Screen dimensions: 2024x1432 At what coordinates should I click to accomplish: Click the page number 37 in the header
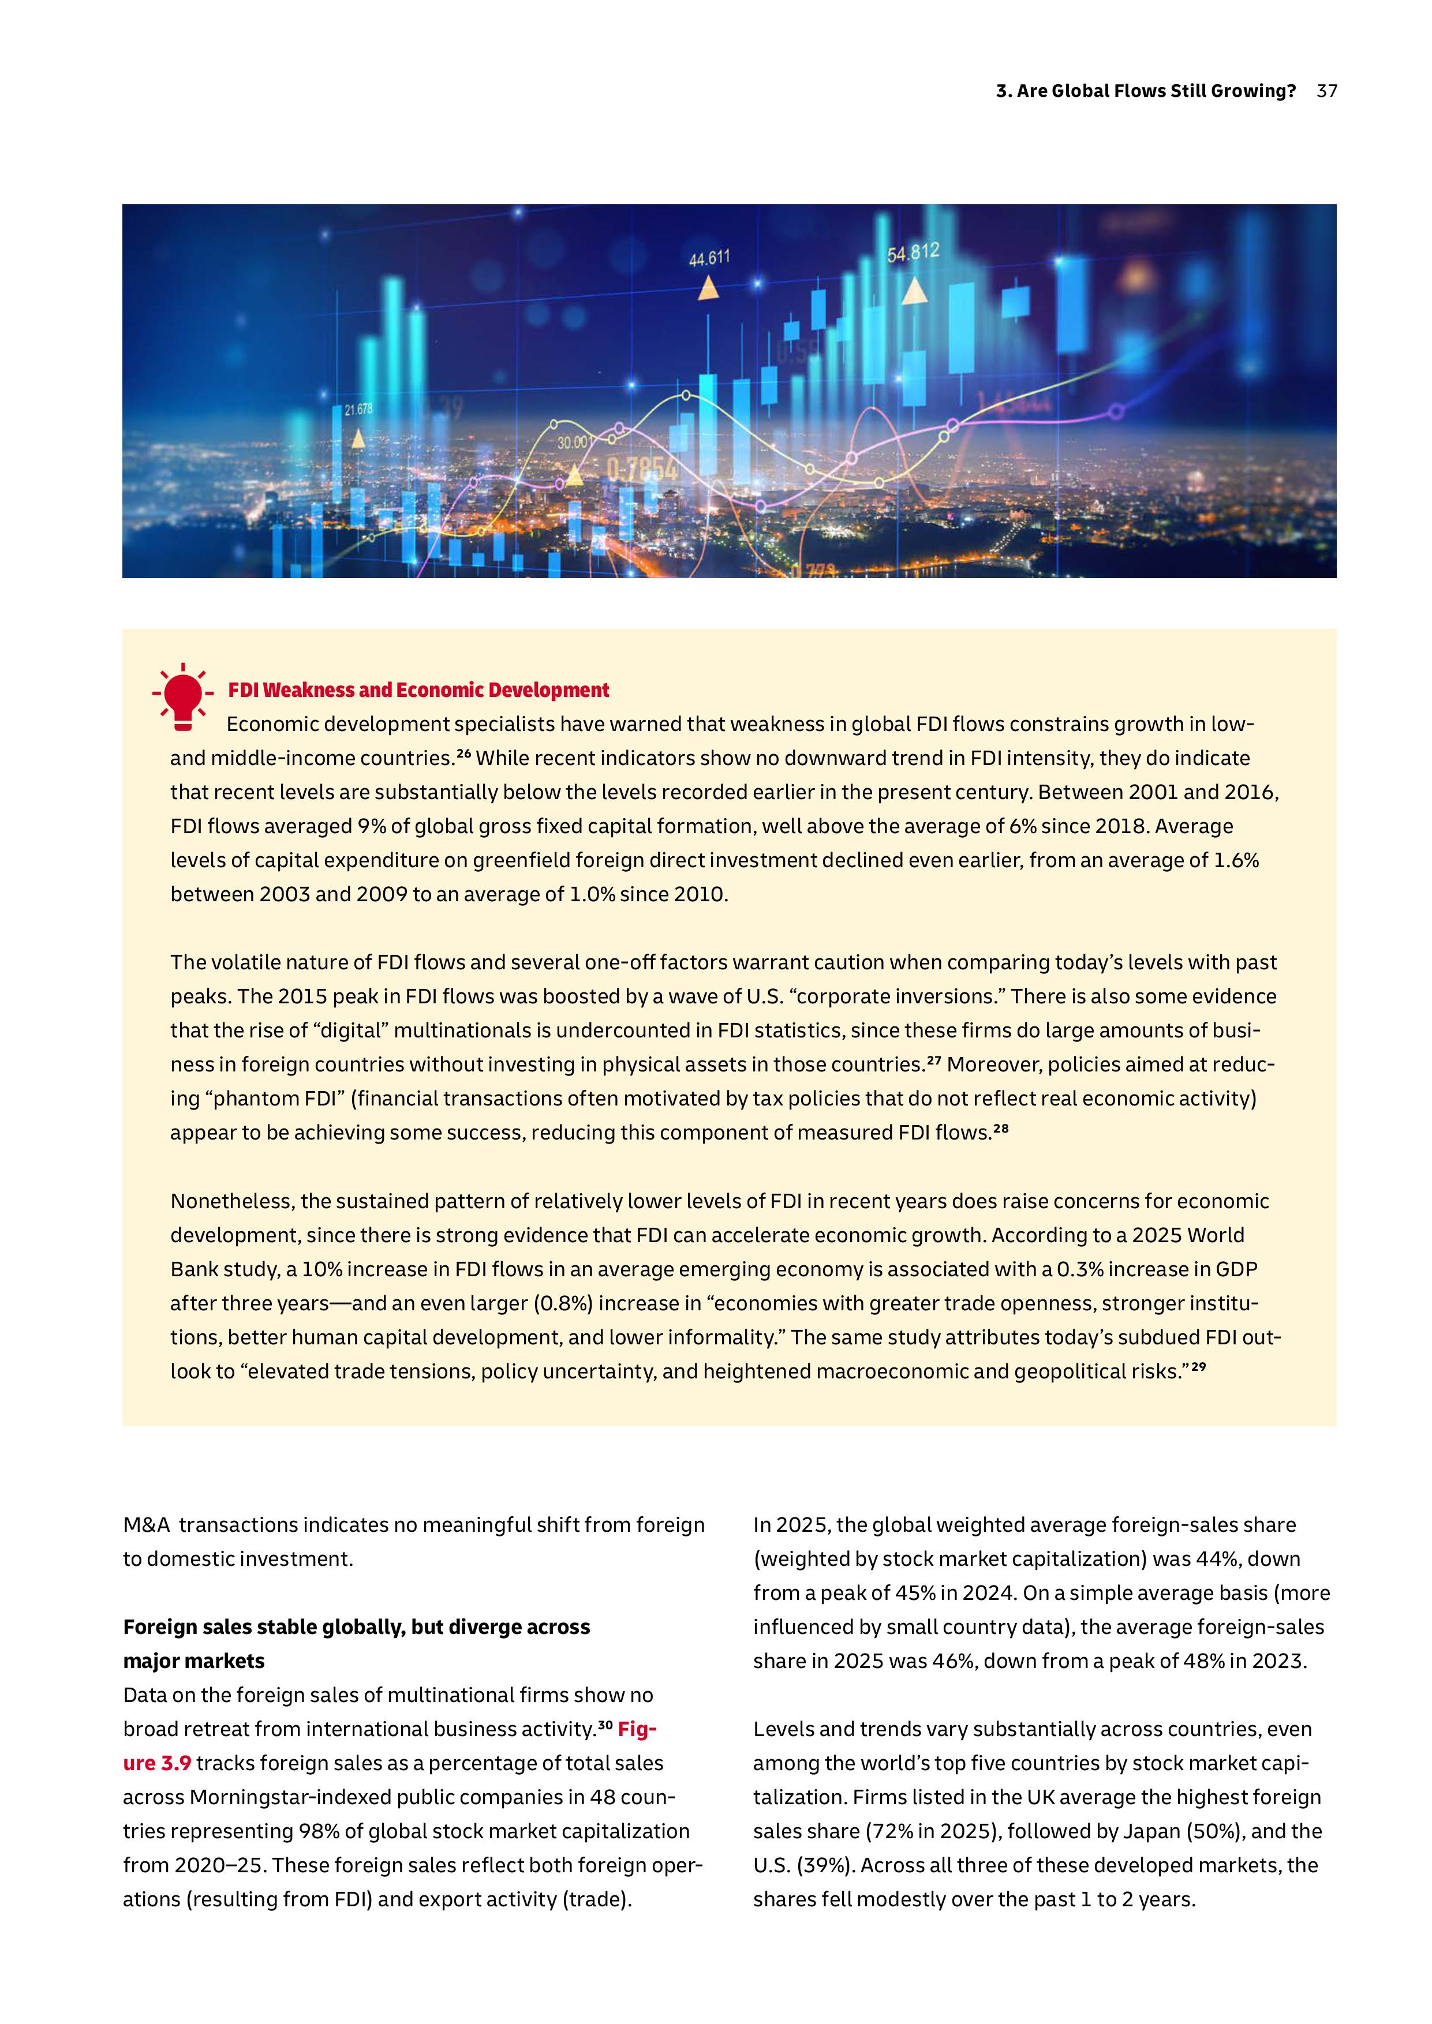(1326, 91)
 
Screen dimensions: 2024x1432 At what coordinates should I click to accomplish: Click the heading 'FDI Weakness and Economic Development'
(418, 690)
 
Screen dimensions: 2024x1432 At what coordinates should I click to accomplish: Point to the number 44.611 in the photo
(709, 258)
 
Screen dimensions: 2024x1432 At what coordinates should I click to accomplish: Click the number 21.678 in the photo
(358, 409)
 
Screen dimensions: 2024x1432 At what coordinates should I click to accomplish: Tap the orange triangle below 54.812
(914, 291)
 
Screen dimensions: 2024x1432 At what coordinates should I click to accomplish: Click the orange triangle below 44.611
(708, 288)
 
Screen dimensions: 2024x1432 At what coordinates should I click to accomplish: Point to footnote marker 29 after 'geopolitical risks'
(1198, 1367)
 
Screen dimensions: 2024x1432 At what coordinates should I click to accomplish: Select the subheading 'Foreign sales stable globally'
(356, 1626)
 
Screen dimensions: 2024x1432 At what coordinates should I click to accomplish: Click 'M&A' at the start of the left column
(147, 1525)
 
